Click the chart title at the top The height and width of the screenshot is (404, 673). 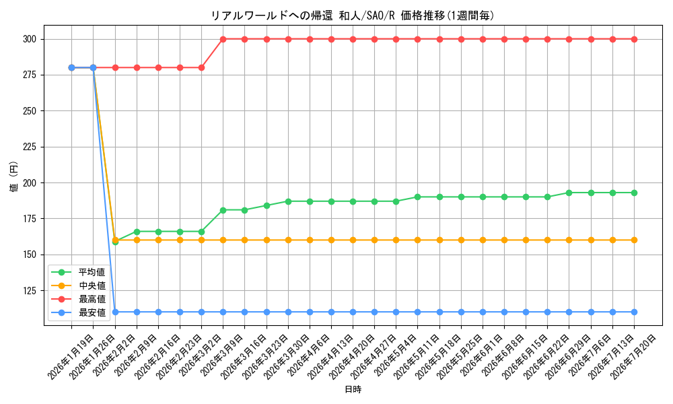click(x=353, y=16)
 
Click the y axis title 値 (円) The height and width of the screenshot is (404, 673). click(x=14, y=176)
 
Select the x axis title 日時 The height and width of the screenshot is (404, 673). click(x=353, y=389)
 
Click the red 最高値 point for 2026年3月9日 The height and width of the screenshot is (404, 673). click(x=223, y=40)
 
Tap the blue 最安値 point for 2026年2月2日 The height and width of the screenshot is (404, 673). click(x=115, y=312)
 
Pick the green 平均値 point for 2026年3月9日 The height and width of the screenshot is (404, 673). click(x=223, y=210)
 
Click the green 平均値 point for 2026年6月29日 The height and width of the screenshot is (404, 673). click(x=569, y=193)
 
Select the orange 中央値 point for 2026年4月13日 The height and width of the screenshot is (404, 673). click(x=331, y=240)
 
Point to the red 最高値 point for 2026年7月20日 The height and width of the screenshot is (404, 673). click(x=634, y=40)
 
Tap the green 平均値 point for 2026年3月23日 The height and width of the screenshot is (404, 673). click(x=267, y=205)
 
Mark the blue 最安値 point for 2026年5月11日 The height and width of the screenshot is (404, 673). click(x=418, y=312)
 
